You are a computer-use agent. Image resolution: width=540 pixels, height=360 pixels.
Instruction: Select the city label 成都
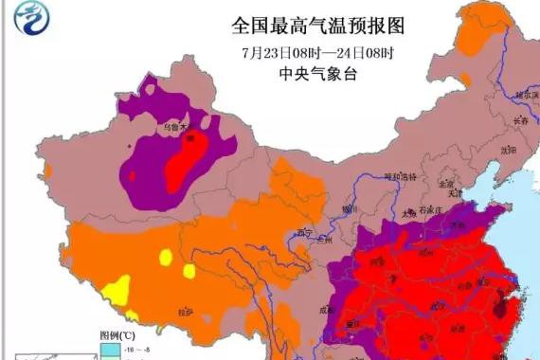click(330, 309)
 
